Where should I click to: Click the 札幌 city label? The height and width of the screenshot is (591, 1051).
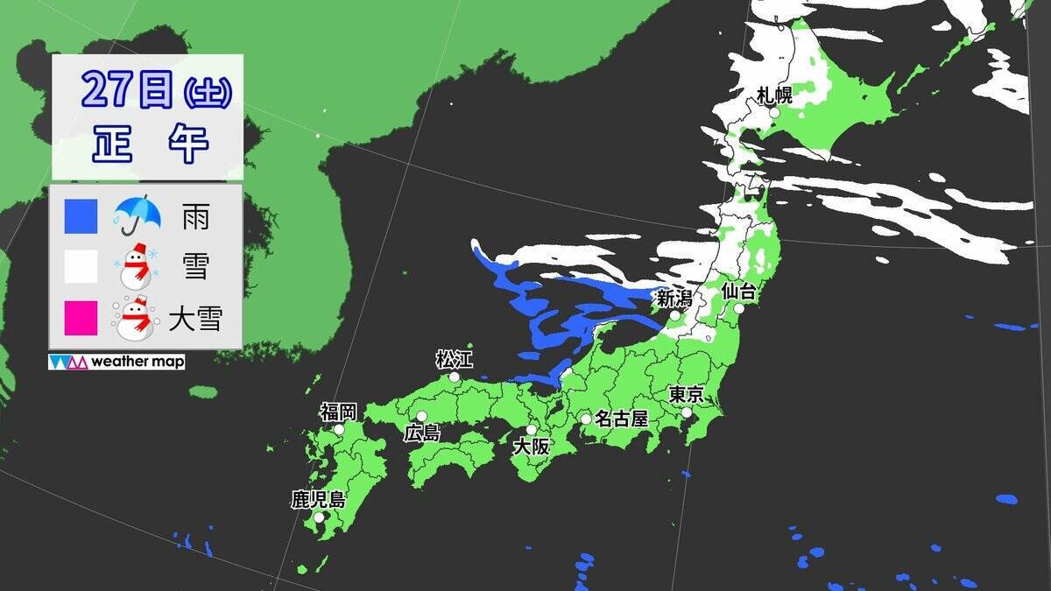pyautogui.click(x=775, y=95)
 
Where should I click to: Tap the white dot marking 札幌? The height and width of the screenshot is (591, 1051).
pyautogui.click(x=774, y=113)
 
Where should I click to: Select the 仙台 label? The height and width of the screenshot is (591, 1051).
pyautogui.click(x=738, y=292)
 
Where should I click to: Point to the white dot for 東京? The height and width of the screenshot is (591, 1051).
pyautogui.click(x=687, y=412)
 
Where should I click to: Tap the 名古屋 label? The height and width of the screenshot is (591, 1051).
pyautogui.click(x=621, y=419)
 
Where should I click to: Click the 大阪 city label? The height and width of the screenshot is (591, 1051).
pyautogui.click(x=531, y=447)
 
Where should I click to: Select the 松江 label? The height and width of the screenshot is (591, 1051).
pyautogui.click(x=454, y=359)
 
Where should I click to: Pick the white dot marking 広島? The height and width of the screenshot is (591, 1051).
pyautogui.click(x=421, y=417)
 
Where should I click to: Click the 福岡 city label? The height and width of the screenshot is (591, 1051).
pyautogui.click(x=339, y=412)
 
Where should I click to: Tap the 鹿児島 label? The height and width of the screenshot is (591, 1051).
pyautogui.click(x=319, y=501)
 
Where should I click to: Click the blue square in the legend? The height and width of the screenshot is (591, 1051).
pyautogui.click(x=81, y=217)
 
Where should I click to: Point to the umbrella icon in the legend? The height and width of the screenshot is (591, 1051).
pyautogui.click(x=136, y=215)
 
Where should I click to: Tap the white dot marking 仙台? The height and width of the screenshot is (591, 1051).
pyautogui.click(x=739, y=308)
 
